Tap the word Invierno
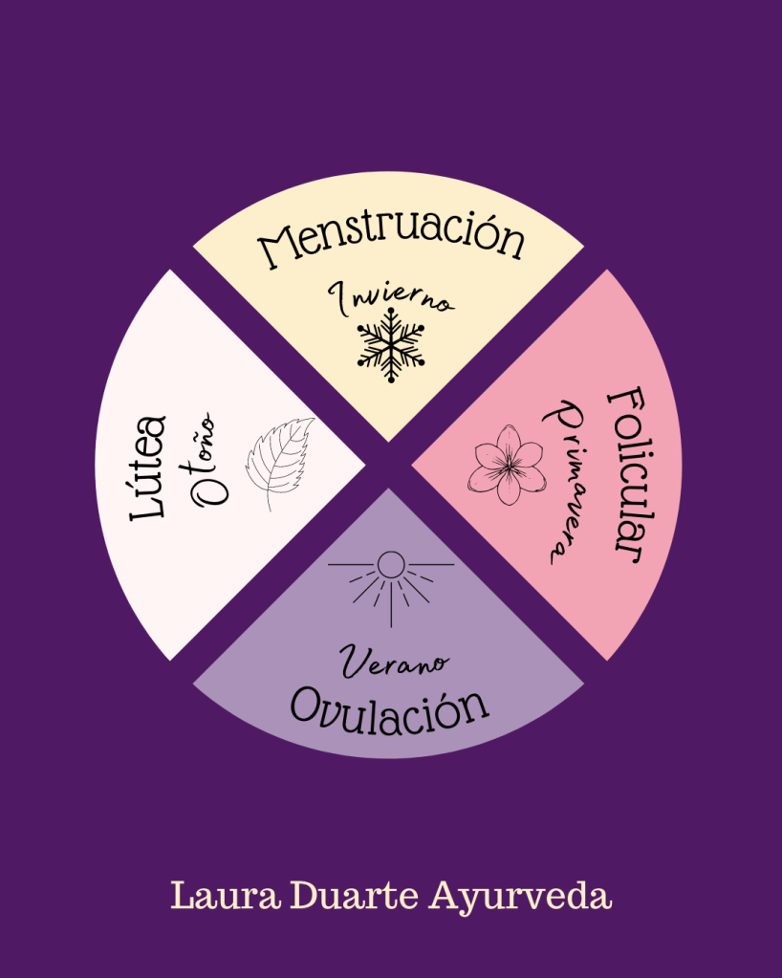click(392, 300)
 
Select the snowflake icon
click(390, 350)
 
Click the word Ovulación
click(389, 706)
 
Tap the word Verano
click(383, 662)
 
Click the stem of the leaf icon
click(269, 501)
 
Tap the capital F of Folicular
click(623, 402)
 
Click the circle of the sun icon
click(390, 565)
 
